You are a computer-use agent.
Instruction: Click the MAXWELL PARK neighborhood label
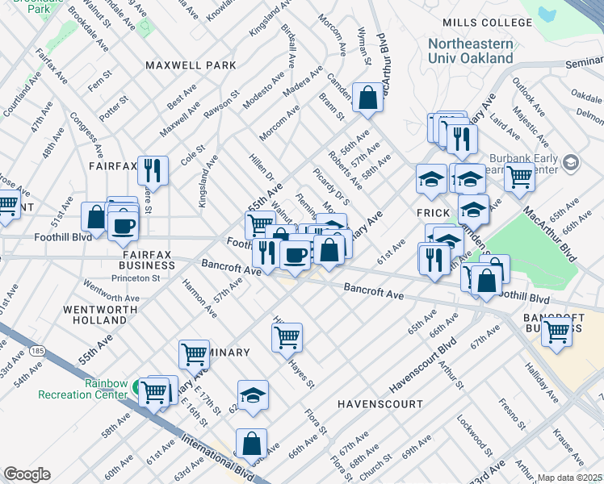(x=191, y=65)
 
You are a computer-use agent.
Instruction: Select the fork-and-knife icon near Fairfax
(x=153, y=170)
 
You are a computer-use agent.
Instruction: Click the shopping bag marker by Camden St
(x=367, y=98)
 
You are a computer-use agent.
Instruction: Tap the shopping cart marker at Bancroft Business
(x=556, y=331)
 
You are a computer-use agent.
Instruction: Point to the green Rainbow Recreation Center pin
(x=140, y=385)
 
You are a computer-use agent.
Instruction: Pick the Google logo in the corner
(x=27, y=474)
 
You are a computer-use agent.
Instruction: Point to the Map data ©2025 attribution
(x=568, y=478)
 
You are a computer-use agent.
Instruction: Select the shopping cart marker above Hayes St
(x=287, y=338)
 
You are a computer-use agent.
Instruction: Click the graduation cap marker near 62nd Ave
(x=253, y=395)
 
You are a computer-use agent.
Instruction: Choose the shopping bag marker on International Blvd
(x=251, y=443)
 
